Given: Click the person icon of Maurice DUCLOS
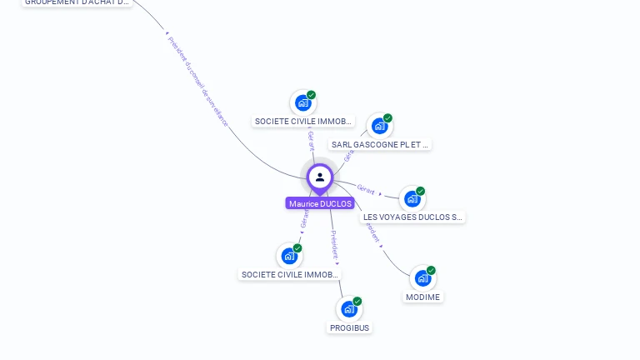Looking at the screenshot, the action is [x=320, y=177].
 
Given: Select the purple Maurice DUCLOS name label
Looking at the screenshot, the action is [x=320, y=203].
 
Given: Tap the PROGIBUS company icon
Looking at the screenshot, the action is [x=349, y=309].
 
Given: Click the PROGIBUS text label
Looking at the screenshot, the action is [x=349, y=327].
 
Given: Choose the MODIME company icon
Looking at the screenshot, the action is [x=422, y=278].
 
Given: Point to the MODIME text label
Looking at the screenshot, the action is [x=422, y=297].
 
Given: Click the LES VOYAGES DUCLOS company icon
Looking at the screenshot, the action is [x=412, y=199].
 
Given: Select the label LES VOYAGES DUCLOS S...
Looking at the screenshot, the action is [x=412, y=217].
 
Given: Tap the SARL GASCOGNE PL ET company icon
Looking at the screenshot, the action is [x=379, y=127].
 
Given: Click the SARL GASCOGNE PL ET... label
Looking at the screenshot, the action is [x=380, y=144].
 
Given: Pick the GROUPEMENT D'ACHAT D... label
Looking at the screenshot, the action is [x=77, y=2].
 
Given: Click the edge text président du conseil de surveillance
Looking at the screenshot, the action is [x=197, y=81].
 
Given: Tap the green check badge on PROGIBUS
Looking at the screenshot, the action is [x=357, y=302].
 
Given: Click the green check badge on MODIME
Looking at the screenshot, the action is [x=431, y=270].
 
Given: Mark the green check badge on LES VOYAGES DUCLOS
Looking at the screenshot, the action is [x=421, y=191].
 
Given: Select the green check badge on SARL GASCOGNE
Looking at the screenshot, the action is [x=387, y=118].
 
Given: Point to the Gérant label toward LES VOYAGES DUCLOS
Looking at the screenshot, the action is [x=366, y=188].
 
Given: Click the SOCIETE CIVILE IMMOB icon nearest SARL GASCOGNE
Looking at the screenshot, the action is [x=302, y=102].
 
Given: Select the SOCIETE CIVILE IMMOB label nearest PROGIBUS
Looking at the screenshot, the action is [x=290, y=274].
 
